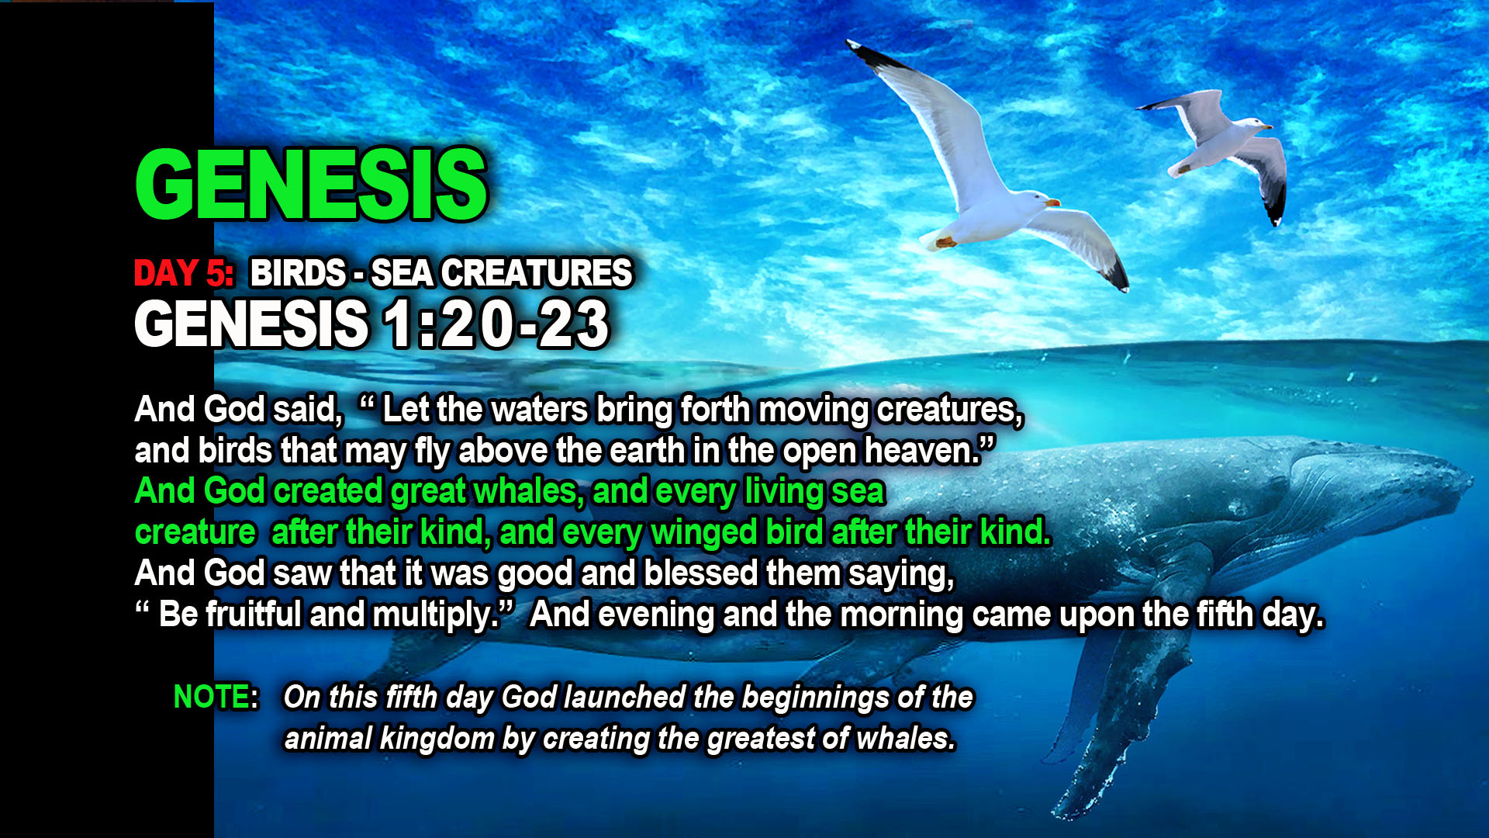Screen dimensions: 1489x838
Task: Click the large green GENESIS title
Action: [311, 184]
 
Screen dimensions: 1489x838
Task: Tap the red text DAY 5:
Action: [184, 273]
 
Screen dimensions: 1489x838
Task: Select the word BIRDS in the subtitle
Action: [299, 273]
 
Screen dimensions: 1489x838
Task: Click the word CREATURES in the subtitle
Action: [537, 273]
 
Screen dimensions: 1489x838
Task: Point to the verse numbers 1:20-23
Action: [497, 324]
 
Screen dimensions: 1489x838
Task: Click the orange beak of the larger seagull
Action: [1052, 203]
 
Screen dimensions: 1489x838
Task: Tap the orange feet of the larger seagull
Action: [946, 242]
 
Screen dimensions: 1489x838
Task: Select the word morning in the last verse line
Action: [902, 615]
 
